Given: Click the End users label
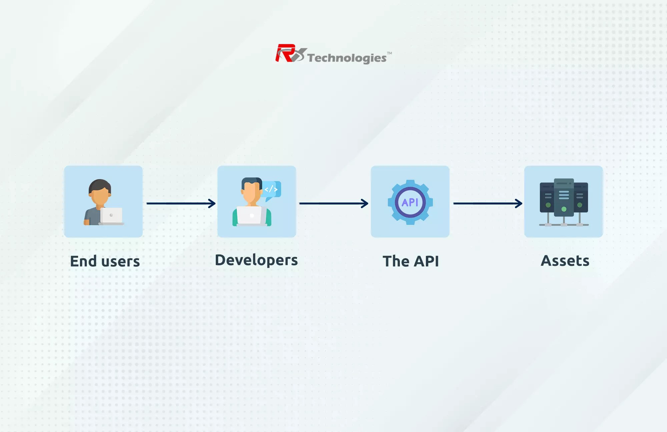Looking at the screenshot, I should [x=105, y=261].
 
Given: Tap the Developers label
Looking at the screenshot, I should [x=256, y=260].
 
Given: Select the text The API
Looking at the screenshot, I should [x=411, y=261].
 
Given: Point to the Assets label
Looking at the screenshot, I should [x=565, y=261].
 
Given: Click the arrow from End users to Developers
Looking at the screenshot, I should [x=181, y=203].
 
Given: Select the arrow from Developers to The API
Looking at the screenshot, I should [x=333, y=203].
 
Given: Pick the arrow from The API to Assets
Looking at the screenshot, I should [x=488, y=203].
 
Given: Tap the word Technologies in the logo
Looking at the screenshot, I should [x=347, y=58].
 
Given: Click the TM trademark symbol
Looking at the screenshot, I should [x=390, y=53].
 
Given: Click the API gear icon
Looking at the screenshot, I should [x=410, y=202].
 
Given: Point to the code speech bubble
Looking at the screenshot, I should [x=272, y=189].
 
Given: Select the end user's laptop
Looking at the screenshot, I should [x=111, y=216].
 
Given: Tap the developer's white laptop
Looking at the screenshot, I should [x=250, y=216].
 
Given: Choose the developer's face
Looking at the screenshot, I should [x=251, y=193].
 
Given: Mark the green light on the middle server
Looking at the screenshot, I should [x=564, y=209].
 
